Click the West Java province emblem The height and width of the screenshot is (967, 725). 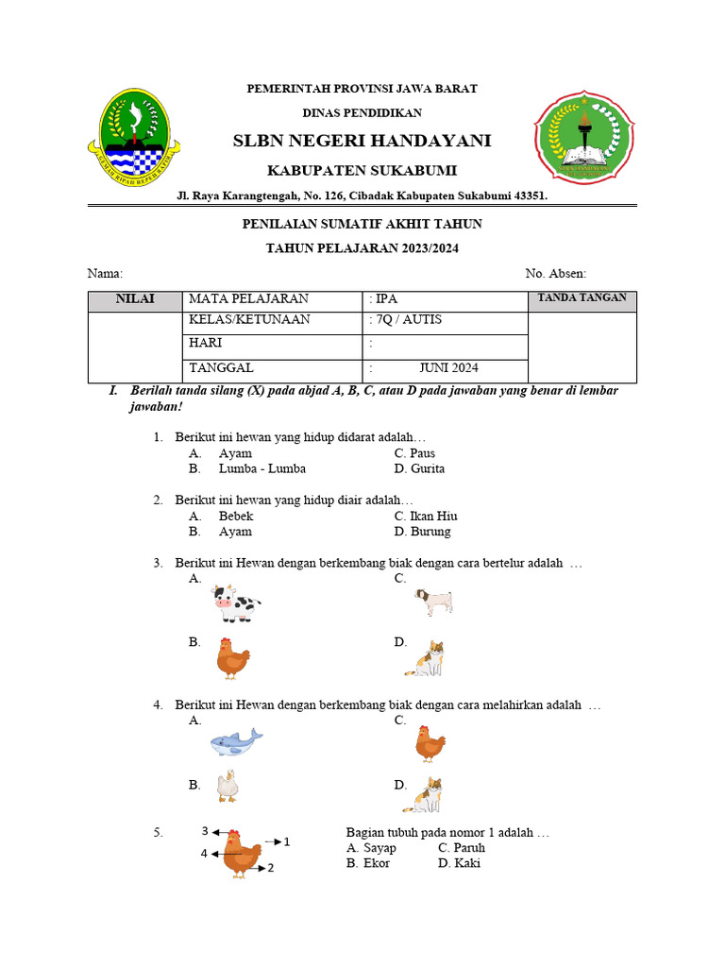coord(133,136)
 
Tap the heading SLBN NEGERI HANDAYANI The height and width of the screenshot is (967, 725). coord(362,141)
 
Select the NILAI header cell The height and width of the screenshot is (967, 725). coord(134,299)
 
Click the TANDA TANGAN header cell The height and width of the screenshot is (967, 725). coord(582,298)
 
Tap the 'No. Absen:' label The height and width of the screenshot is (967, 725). coord(555,274)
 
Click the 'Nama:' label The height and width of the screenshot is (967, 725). coord(105,274)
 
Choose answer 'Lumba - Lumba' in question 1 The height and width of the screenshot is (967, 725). coord(261,468)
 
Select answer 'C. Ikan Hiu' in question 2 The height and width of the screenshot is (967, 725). coord(426,517)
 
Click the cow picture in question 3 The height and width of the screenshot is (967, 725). coord(235,604)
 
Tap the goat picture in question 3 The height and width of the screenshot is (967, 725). coord(434,602)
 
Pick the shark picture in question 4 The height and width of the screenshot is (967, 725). coord(235,743)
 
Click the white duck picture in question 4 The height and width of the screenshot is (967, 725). coord(227,786)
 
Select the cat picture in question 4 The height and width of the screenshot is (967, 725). coord(424,795)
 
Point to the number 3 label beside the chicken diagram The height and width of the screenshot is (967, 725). coord(205,832)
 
